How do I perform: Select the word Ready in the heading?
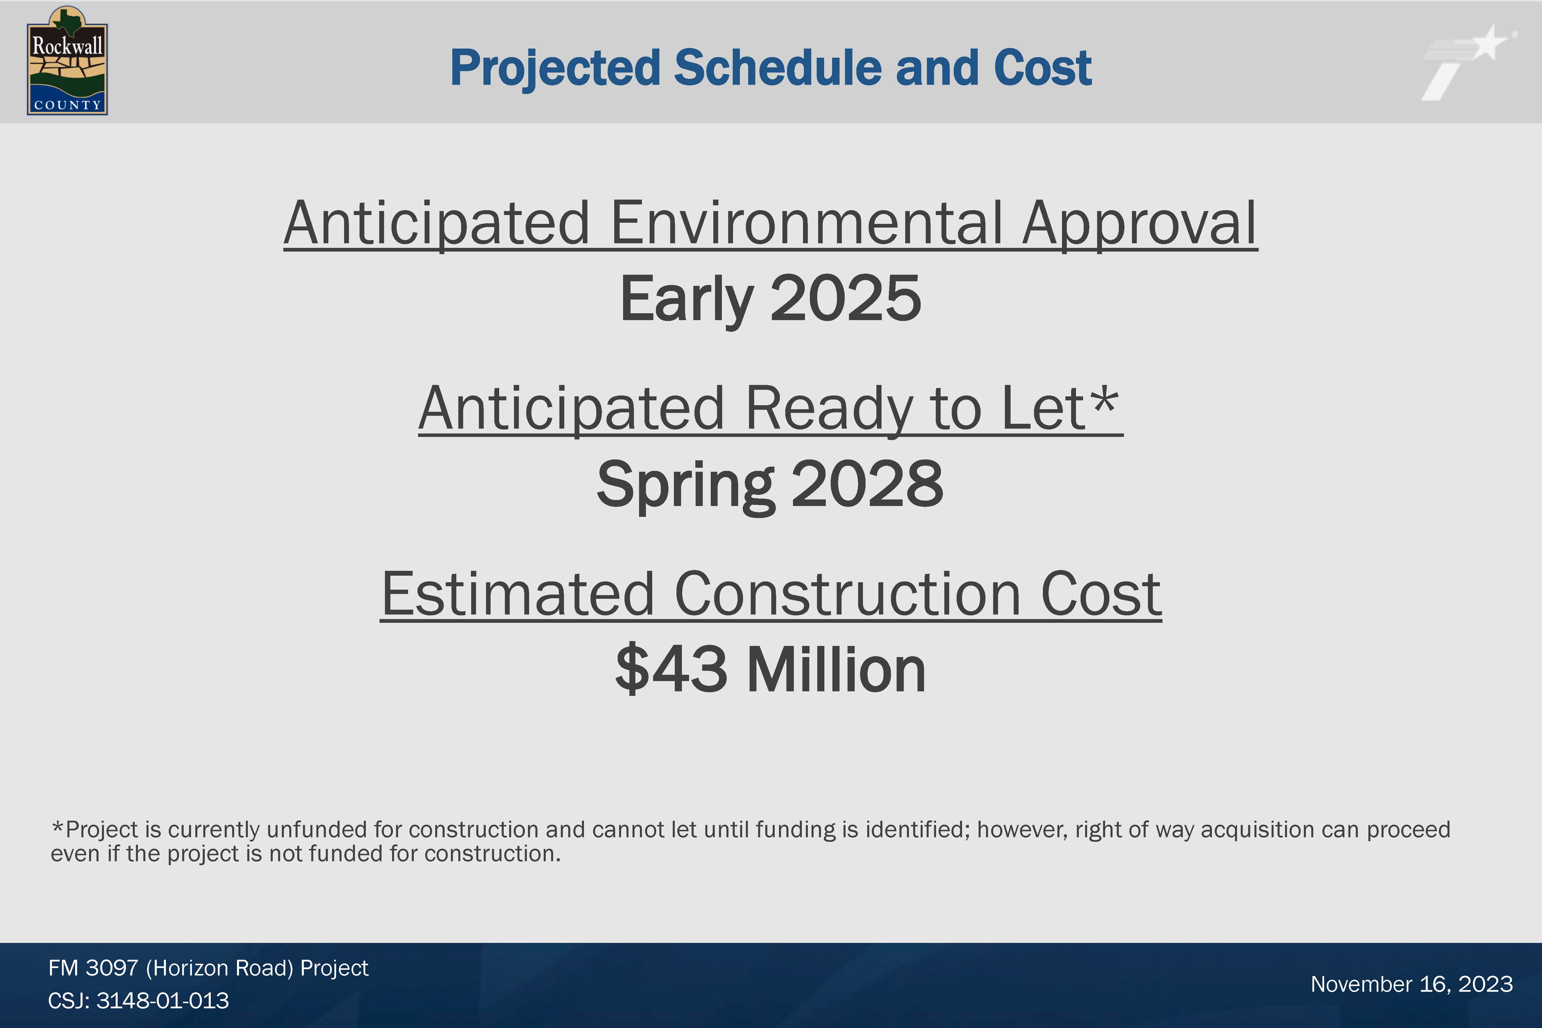pos(829,410)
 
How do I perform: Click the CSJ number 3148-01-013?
pos(162,1001)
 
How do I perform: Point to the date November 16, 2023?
pos(1412,984)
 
